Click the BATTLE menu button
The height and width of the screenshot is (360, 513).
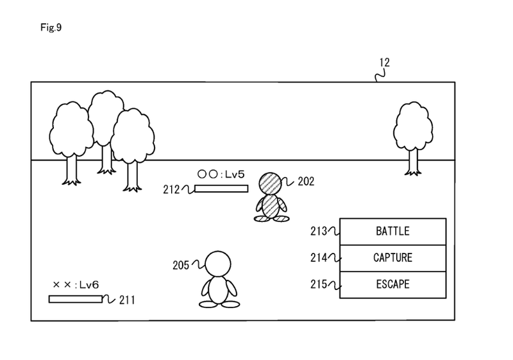[x=391, y=232]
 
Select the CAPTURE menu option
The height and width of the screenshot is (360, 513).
[x=391, y=258]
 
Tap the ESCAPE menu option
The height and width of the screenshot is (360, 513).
[x=391, y=284]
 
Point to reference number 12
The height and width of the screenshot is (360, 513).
[x=384, y=63]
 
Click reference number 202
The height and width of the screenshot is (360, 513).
[x=306, y=182]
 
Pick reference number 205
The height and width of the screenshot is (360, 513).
[x=181, y=264]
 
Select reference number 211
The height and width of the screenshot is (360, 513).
[x=126, y=300]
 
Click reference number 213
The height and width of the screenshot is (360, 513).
[x=319, y=232]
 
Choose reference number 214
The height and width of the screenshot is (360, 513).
[x=319, y=258]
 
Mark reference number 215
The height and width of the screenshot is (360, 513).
[x=319, y=284]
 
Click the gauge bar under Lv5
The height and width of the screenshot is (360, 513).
[x=221, y=189]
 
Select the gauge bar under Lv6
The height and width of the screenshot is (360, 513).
[x=74, y=298]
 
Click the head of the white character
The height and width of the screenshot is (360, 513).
[x=217, y=262]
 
